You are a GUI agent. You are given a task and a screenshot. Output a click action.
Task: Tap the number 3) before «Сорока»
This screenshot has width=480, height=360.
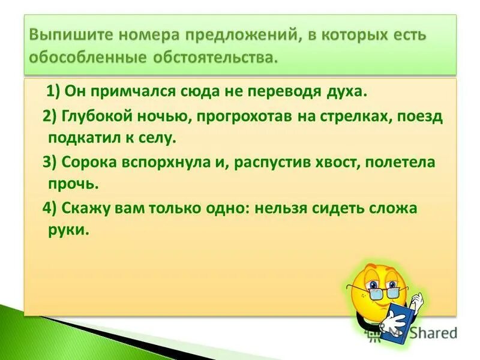(50, 163)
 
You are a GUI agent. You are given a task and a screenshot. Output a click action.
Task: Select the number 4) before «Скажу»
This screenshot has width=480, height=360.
(50, 208)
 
